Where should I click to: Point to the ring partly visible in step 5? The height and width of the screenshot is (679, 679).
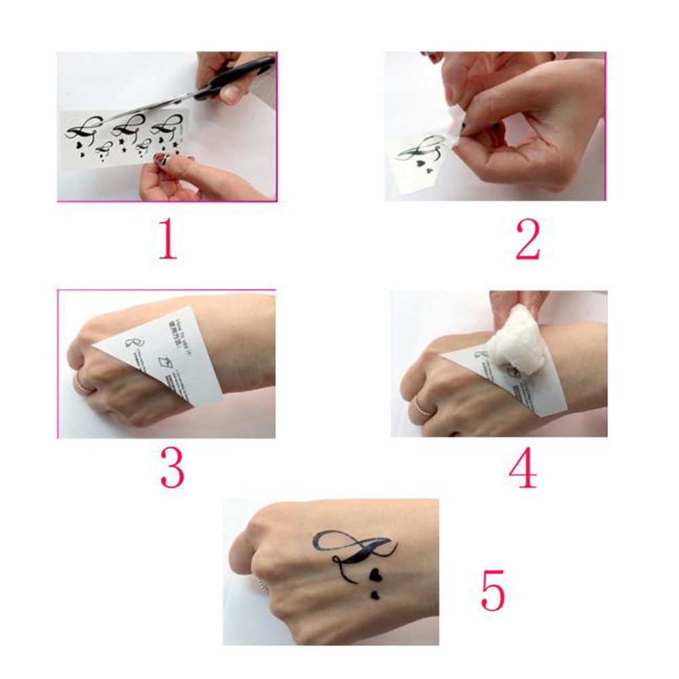[260, 585]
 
